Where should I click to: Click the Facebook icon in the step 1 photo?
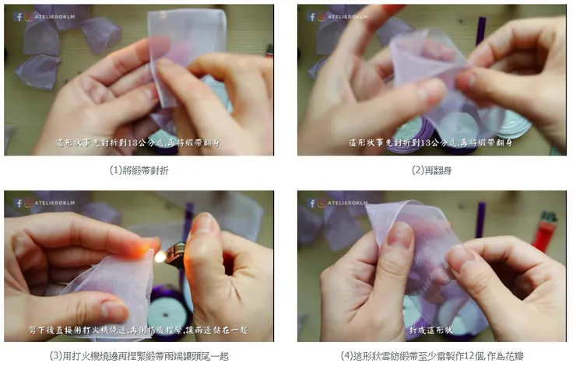pos(18,16)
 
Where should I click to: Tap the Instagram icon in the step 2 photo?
pos(322,16)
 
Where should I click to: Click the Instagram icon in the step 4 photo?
pos(322,203)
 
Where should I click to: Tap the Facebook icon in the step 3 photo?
pos(18,203)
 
